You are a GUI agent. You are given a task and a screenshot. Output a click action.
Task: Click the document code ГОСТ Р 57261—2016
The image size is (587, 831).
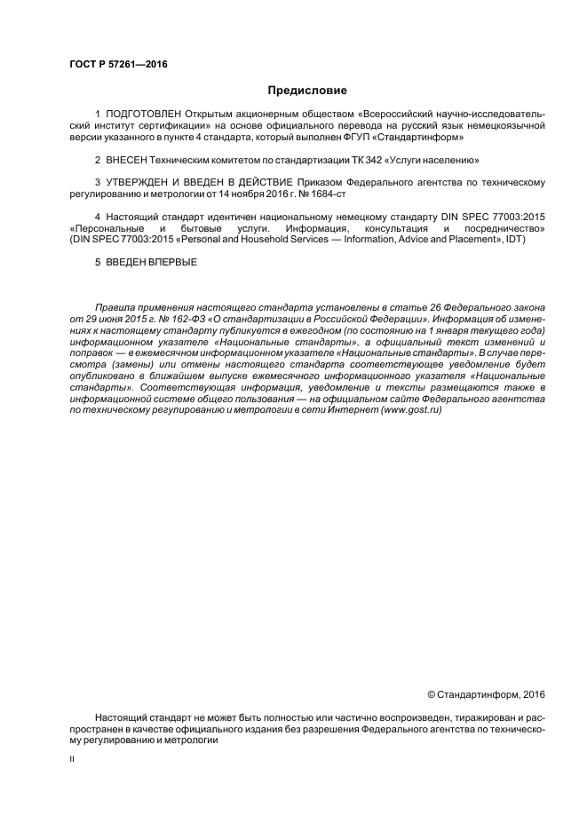pos(118,65)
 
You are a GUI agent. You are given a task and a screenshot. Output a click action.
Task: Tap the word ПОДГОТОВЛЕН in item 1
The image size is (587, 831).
pos(142,115)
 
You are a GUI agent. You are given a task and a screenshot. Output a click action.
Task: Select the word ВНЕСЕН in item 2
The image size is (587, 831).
pos(125,160)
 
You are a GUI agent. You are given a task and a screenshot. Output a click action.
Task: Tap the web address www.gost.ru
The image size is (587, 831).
pos(410,410)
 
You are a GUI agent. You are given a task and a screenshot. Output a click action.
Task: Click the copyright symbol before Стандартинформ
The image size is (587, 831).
pos(432,693)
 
